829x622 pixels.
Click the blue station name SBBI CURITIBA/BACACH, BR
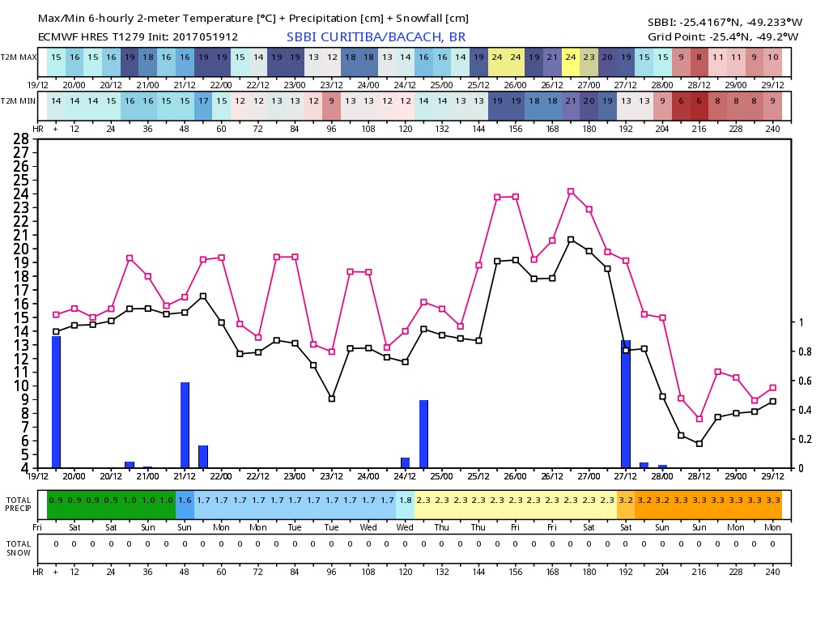click(376, 37)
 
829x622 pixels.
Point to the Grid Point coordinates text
click(723, 36)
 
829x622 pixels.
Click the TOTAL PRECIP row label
click(19, 504)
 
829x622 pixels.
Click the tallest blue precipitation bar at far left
click(56, 402)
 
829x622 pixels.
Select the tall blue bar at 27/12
click(626, 404)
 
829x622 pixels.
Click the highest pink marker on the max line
click(571, 191)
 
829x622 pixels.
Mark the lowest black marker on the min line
click(699, 444)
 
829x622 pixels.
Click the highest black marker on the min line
click(571, 239)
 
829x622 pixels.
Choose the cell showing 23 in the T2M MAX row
click(589, 58)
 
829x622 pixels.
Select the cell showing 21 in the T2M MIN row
click(571, 100)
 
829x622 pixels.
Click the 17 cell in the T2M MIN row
click(202, 100)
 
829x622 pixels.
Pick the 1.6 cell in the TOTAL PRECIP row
click(185, 501)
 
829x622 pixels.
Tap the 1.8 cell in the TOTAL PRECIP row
click(405, 501)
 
